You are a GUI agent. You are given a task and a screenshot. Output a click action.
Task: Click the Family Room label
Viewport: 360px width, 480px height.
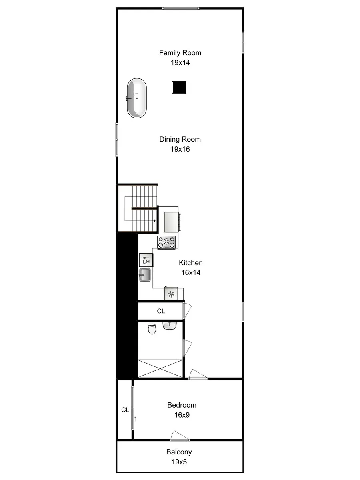(x=180, y=53)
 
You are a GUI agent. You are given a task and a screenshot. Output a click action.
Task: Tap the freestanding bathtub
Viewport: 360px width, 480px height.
(x=137, y=98)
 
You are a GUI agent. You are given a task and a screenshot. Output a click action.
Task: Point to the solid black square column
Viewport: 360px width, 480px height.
(x=180, y=87)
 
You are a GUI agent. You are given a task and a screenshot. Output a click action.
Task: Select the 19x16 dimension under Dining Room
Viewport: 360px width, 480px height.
(x=180, y=149)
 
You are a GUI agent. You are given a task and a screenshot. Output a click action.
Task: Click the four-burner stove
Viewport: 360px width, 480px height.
(x=166, y=242)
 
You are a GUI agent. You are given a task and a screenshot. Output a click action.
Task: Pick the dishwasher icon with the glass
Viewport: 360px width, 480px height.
(x=146, y=260)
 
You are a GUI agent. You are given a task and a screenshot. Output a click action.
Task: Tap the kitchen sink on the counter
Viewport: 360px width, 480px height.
(x=145, y=275)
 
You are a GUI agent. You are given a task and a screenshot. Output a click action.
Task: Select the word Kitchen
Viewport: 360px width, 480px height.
(x=190, y=263)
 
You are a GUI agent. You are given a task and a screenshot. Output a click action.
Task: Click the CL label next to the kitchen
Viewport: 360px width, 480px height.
(x=161, y=311)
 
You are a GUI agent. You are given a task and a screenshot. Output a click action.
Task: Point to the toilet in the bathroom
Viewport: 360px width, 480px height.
(x=152, y=328)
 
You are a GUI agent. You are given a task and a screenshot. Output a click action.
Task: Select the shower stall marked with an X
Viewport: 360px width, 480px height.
(x=160, y=368)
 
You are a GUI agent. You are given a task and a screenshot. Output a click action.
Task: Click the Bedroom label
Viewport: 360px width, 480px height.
(x=182, y=405)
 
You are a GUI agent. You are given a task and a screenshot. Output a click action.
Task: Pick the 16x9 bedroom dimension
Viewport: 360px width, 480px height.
(x=182, y=415)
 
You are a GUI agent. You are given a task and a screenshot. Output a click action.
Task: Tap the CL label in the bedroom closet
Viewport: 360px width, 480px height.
(x=125, y=410)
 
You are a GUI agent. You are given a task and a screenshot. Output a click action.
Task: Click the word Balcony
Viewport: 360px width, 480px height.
(x=179, y=452)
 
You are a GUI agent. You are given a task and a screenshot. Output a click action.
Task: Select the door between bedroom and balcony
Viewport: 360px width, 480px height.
(x=180, y=436)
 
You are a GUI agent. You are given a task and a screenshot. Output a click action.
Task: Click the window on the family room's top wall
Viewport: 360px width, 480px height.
(x=180, y=8)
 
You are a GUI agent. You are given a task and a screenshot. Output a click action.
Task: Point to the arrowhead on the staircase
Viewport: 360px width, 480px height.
(x=154, y=221)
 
